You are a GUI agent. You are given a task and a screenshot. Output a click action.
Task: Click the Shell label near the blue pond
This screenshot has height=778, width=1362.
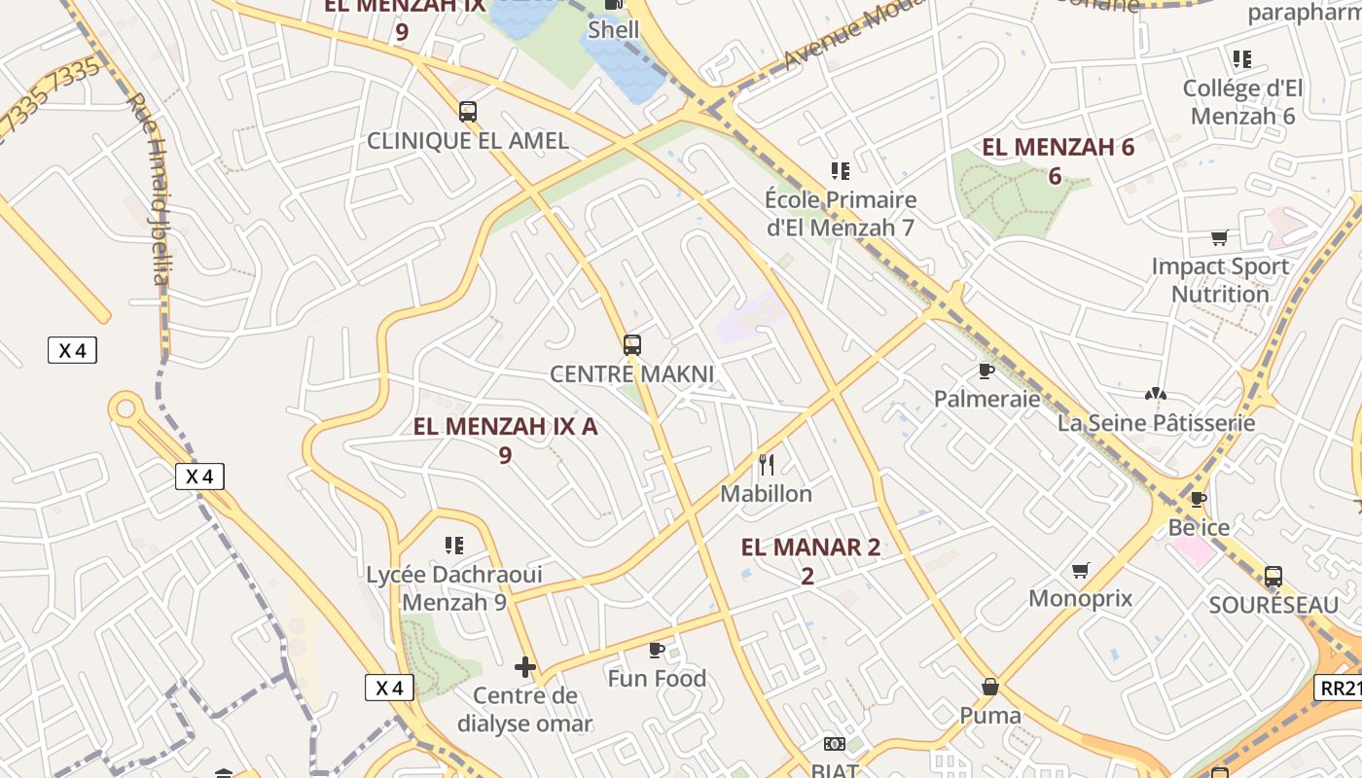point(614,30)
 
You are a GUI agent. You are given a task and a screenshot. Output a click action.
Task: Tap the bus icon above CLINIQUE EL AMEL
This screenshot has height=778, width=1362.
point(468,111)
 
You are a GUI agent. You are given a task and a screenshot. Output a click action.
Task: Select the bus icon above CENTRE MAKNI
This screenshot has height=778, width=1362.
point(632,344)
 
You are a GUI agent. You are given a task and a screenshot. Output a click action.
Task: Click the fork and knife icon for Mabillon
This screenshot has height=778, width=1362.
point(767,464)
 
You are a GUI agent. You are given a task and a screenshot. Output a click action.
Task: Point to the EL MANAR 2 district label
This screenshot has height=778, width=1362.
point(810,548)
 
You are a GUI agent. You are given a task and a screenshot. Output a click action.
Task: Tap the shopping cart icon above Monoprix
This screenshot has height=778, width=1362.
point(1081,570)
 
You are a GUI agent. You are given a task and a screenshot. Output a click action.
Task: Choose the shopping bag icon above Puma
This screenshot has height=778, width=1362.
point(990,687)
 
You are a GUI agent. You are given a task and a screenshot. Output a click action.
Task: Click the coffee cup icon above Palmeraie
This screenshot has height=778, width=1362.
point(986,371)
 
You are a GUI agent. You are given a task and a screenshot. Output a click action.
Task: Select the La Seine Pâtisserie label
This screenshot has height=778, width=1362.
point(1156,423)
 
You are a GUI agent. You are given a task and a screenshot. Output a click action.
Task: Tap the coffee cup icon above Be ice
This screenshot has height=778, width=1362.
point(1199,499)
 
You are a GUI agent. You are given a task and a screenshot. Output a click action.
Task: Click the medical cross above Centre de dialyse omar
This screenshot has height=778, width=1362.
point(525,667)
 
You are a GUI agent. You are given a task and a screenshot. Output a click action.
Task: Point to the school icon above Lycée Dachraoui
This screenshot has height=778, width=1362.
point(453,545)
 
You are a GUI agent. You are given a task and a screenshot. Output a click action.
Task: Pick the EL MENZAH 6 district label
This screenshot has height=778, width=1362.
point(1057,148)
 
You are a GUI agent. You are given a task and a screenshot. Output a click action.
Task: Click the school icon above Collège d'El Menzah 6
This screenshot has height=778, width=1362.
point(1242,59)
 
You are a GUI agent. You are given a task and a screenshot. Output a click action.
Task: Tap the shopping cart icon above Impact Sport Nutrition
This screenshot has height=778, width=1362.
point(1219,237)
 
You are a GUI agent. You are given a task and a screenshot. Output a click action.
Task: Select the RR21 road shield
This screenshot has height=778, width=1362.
point(1341,688)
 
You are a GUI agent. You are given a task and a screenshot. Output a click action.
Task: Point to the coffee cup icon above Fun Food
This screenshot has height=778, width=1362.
point(657,649)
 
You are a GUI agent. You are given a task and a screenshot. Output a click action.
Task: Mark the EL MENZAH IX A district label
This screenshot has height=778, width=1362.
point(505,426)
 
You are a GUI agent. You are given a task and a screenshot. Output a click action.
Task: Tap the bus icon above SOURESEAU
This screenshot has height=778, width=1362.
point(1273,576)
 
